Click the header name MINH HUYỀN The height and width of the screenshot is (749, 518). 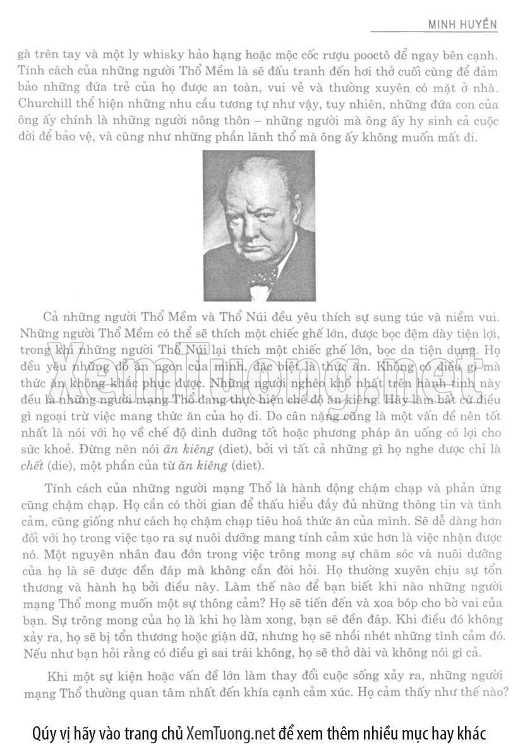[463, 25]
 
